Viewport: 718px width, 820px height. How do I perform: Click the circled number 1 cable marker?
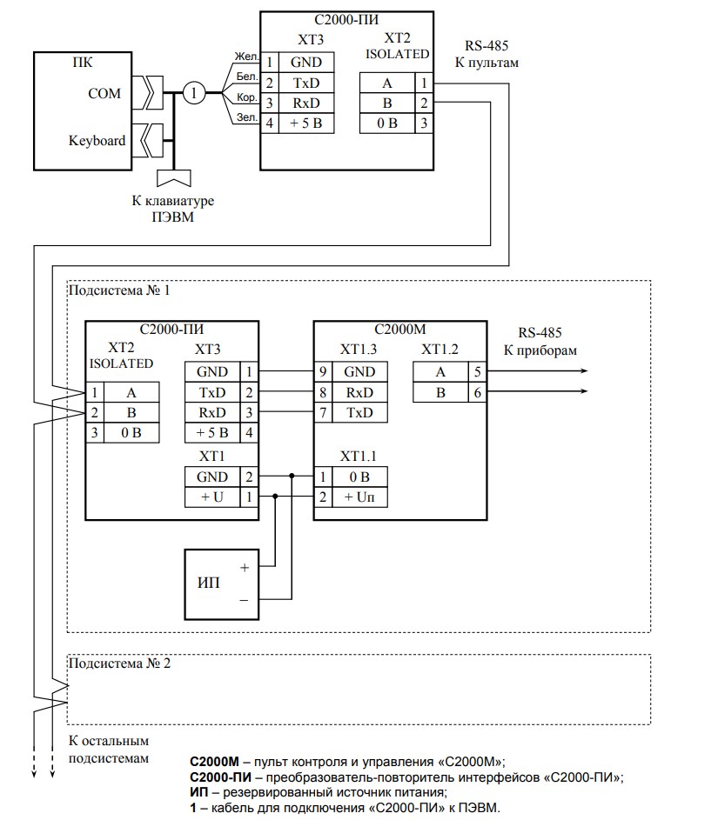point(193,93)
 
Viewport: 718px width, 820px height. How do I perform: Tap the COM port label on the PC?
point(104,94)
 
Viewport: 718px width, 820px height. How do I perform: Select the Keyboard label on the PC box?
point(97,141)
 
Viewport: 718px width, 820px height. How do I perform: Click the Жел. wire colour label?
point(246,57)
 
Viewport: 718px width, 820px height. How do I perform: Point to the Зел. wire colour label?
point(247,117)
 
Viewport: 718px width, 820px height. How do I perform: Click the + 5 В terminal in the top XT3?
point(306,123)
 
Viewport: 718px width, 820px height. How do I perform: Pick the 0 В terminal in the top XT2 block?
point(387,123)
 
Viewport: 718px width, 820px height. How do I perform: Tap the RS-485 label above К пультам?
point(486,45)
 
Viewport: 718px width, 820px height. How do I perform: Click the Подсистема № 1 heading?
point(119,290)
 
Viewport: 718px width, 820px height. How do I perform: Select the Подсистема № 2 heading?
point(119,663)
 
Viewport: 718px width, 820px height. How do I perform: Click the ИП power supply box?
point(221,584)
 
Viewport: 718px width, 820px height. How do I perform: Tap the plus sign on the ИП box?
point(245,568)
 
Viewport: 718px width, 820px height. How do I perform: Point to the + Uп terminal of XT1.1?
point(359,497)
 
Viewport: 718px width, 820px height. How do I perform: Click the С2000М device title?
point(400,330)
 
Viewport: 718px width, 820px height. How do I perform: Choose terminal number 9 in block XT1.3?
point(323,372)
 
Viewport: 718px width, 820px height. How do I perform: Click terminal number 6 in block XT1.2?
point(477,393)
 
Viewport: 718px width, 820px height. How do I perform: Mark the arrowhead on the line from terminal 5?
point(584,371)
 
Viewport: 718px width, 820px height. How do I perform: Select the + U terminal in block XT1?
point(212,497)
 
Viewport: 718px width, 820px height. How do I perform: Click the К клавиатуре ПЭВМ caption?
point(173,209)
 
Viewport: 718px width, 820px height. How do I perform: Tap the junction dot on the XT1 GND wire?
point(292,476)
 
